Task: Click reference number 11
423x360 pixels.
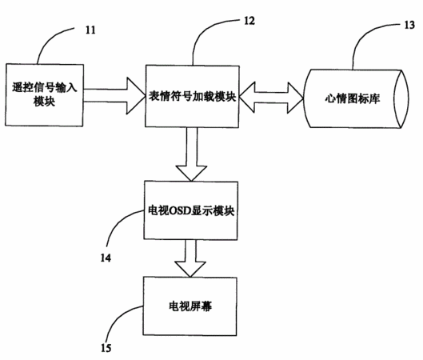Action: click(x=90, y=30)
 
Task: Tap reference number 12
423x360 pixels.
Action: click(x=249, y=21)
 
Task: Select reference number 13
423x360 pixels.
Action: click(x=409, y=25)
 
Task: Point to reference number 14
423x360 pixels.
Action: click(x=106, y=258)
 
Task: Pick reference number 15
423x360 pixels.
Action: click(x=106, y=348)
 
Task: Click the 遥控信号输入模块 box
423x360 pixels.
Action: click(x=44, y=95)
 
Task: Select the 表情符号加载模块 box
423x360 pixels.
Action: click(x=192, y=96)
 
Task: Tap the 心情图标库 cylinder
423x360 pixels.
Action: click(x=356, y=98)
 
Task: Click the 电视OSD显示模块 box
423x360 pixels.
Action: click(x=191, y=210)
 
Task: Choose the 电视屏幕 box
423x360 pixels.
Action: click(x=190, y=306)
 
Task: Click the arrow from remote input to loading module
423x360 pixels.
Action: click(x=114, y=95)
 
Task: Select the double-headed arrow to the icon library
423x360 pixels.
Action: click(x=271, y=97)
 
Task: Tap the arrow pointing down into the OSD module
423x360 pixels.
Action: click(x=191, y=154)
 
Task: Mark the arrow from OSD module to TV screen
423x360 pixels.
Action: click(x=190, y=258)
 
